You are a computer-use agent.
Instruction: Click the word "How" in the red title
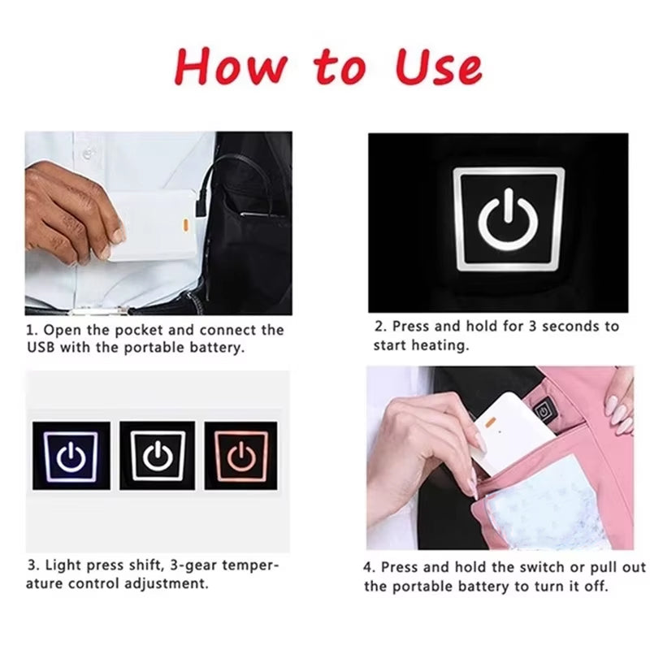[x=231, y=67]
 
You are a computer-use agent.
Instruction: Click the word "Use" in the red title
[x=438, y=67]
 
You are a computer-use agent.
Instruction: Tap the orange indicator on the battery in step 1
[x=186, y=225]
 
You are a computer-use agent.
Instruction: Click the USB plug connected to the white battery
[x=201, y=203]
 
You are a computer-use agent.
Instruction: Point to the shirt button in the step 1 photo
[x=88, y=154]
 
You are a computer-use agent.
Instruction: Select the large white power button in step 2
[x=509, y=219]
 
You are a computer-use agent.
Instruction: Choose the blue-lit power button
[x=71, y=457]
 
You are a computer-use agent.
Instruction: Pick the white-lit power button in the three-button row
[x=158, y=455]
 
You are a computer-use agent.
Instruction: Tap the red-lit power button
[x=241, y=456]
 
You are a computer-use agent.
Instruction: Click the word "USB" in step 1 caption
[x=41, y=348]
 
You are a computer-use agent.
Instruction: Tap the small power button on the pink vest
[x=542, y=412]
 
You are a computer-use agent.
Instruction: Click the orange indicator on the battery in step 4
[x=492, y=422]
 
